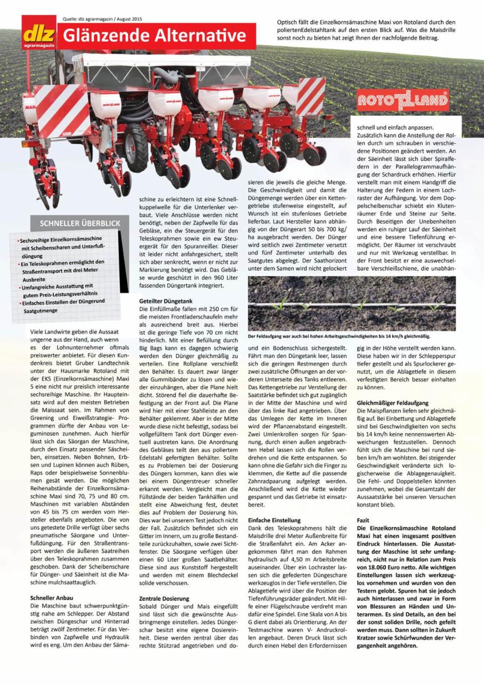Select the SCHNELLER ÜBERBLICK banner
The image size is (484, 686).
click(76, 223)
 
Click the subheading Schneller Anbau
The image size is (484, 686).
click(52, 598)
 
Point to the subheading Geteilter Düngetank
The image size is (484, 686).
click(165, 301)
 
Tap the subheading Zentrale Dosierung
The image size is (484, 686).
click(164, 599)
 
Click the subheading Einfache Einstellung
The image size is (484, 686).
click(275, 520)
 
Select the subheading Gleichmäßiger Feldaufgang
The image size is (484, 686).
click(392, 403)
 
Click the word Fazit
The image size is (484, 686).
click(363, 520)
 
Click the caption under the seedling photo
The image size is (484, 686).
click(338, 336)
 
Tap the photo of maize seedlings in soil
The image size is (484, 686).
click(352, 303)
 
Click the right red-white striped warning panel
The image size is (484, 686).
click(311, 96)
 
